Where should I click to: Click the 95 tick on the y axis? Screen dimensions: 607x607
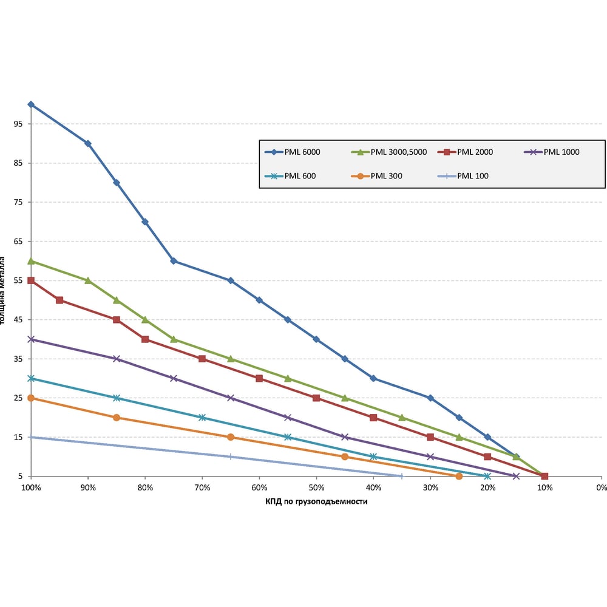coord(18,124)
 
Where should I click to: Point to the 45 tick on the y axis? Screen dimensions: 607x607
coord(18,320)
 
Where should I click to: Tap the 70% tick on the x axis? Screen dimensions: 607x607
coord(202,487)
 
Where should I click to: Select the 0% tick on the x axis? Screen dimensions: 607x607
coord(601,487)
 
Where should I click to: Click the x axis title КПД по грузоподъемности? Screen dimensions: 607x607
coord(316,502)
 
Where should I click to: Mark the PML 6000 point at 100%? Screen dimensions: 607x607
coord(31,104)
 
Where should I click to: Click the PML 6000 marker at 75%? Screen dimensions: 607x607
coord(174,261)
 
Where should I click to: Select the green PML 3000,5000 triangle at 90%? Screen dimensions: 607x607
coord(88,280)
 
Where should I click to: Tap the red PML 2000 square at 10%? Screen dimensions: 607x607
coord(544,476)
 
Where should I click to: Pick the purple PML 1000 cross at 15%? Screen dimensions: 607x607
coord(516,476)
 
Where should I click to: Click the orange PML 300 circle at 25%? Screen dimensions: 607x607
coord(459,476)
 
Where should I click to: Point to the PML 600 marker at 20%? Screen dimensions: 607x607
coord(487,476)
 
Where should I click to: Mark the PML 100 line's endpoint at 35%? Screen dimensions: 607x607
coord(401,476)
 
